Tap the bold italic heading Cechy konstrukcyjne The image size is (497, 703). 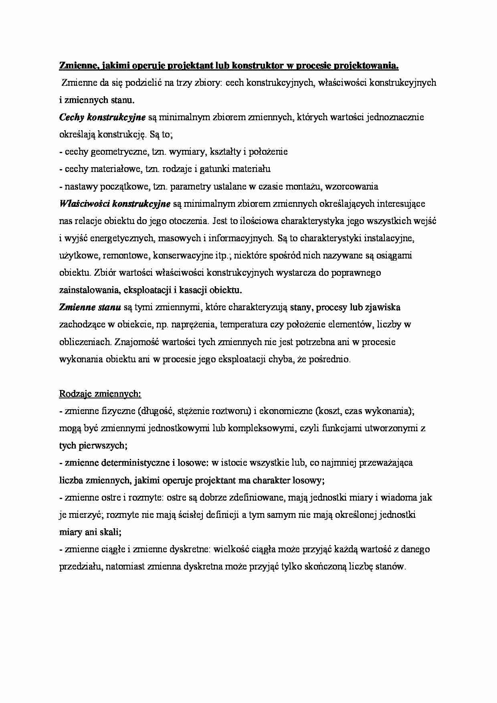[x=102, y=117]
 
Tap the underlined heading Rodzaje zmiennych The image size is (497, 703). [x=100, y=394]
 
